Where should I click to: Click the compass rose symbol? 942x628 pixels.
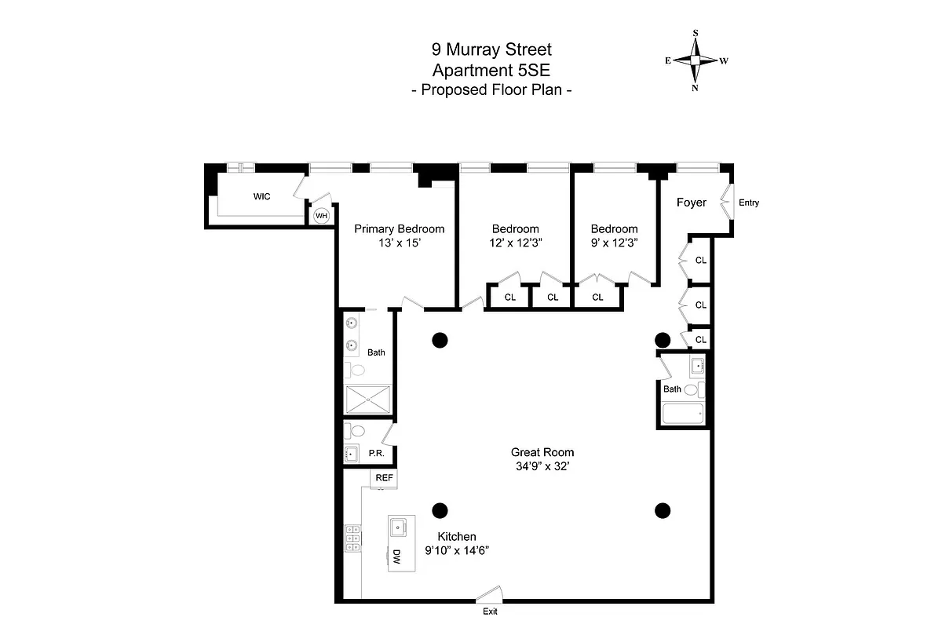(x=696, y=60)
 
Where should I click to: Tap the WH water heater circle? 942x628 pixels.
(x=321, y=215)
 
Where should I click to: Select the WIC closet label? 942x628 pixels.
(x=261, y=196)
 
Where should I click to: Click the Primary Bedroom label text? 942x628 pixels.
(x=399, y=229)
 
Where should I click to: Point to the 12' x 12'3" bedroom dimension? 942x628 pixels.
(x=516, y=243)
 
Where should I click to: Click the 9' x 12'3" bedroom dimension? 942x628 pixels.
(x=614, y=243)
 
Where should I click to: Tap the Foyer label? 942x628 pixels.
(x=692, y=203)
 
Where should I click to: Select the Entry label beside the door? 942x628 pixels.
(x=749, y=203)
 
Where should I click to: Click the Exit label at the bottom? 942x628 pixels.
(x=490, y=612)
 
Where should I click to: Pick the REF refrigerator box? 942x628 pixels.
(x=384, y=477)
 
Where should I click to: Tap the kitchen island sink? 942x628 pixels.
(x=398, y=527)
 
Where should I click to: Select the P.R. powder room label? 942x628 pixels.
(x=375, y=454)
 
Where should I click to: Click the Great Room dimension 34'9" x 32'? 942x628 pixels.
(x=542, y=466)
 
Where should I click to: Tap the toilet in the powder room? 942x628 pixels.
(x=357, y=430)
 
